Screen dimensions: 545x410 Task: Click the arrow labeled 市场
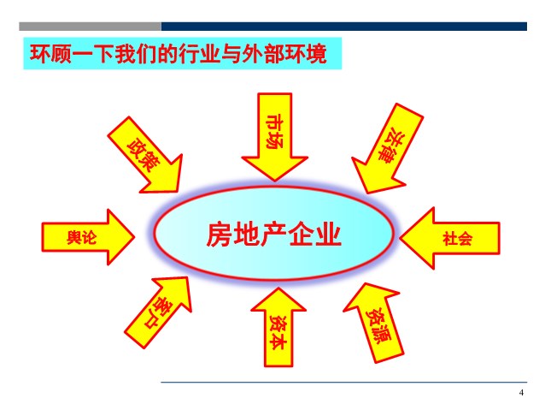(x=274, y=137)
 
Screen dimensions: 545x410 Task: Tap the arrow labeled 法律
(x=389, y=149)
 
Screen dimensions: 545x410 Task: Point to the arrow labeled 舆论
(x=88, y=237)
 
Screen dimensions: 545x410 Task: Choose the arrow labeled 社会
(x=450, y=238)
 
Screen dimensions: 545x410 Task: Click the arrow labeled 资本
(x=278, y=327)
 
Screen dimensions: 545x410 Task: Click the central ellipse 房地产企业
(x=274, y=233)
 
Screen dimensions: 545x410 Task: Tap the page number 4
(x=521, y=393)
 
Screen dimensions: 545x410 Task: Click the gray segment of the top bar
(x=90, y=27)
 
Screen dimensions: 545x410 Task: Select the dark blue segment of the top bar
(x=344, y=27)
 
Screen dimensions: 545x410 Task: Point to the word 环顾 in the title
(x=50, y=54)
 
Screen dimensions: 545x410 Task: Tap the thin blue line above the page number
(x=343, y=383)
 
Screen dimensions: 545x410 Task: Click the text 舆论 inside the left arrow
(x=81, y=238)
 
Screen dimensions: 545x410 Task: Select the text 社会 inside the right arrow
(x=457, y=239)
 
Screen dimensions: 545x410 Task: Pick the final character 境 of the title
(x=316, y=54)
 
